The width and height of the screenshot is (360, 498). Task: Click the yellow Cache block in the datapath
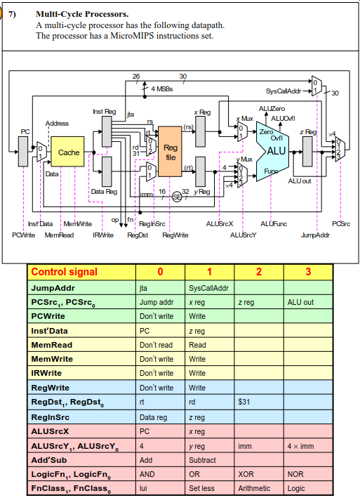point(68,152)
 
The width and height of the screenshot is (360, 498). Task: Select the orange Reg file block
point(170,152)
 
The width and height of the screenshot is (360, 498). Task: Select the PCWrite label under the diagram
point(24,235)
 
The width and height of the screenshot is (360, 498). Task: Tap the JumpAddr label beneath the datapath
point(314,235)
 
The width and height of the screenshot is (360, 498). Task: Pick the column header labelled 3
point(307,272)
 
